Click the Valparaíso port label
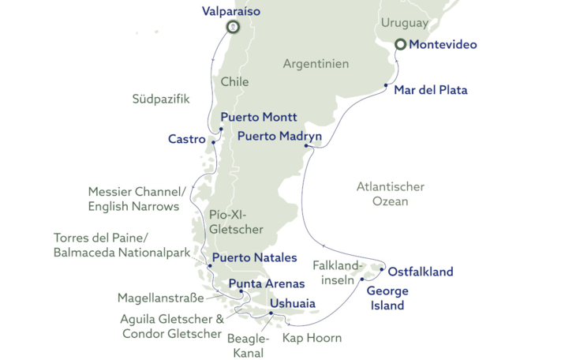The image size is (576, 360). coord(230,11)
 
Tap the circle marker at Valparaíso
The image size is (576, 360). coord(232,27)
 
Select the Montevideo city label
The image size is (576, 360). coord(443,45)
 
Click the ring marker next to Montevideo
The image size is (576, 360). coord(401,44)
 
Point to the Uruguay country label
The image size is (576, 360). coord(404,23)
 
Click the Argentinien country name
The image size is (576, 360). coord(316,63)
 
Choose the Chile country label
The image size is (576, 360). coord(234,81)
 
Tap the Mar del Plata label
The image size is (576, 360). coord(430,90)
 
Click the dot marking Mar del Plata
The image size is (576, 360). coord(386,84)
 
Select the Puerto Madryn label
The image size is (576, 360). coord(279,137)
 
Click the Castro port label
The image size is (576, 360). coord(187,139)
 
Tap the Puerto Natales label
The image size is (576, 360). coord(254,257)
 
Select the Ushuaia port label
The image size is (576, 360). coord(293,303)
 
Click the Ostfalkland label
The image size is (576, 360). coord(421,272)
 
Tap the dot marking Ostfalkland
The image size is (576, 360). coord(382,270)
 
